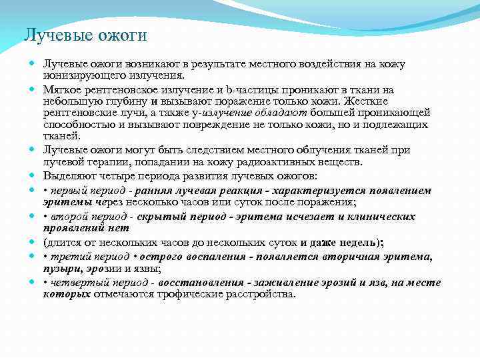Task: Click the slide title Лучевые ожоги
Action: click(85, 35)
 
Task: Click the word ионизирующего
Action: click(77, 76)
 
